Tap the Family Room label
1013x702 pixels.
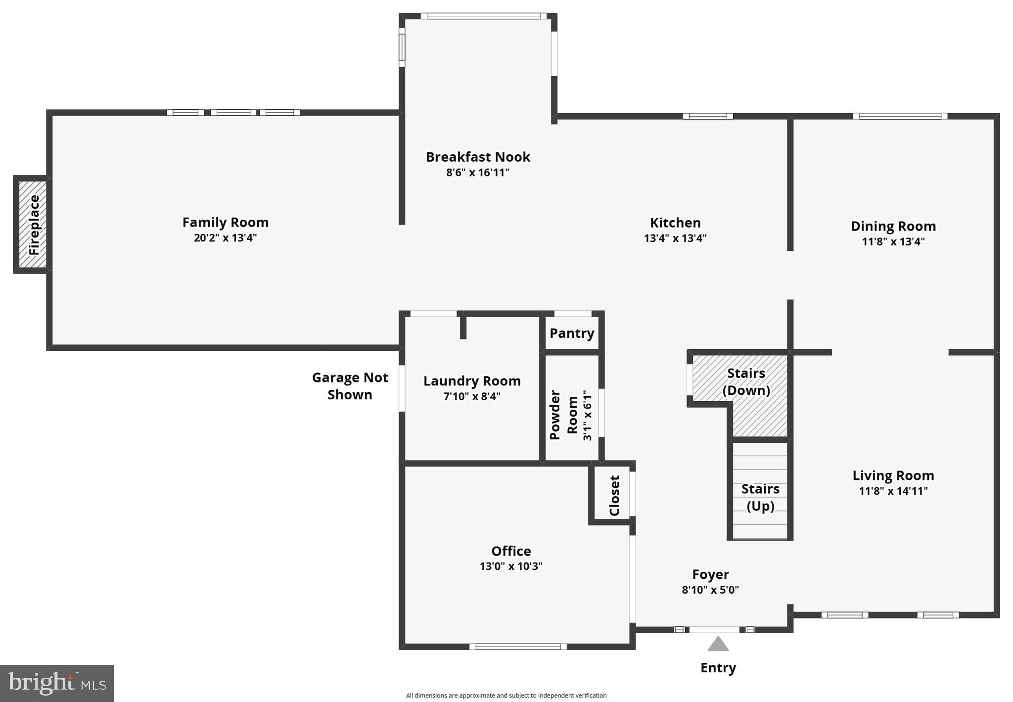click(225, 223)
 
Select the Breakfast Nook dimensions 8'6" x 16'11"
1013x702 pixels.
click(477, 173)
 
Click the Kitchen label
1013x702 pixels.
click(675, 223)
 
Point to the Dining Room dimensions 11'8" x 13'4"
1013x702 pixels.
click(893, 242)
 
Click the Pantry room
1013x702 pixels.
click(572, 333)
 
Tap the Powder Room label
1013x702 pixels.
click(563, 415)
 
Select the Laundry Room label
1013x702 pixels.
click(472, 381)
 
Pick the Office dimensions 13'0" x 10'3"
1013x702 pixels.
click(511, 566)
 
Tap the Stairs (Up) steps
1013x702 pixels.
click(760, 497)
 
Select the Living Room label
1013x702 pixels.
click(893, 476)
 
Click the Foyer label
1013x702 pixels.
click(710, 574)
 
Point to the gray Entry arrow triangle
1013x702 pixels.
click(718, 645)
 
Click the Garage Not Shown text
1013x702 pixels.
click(350, 386)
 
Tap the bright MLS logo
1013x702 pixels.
click(57, 683)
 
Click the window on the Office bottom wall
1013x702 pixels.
click(517, 647)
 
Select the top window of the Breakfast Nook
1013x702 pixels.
click(483, 16)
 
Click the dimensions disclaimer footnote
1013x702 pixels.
click(506, 696)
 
